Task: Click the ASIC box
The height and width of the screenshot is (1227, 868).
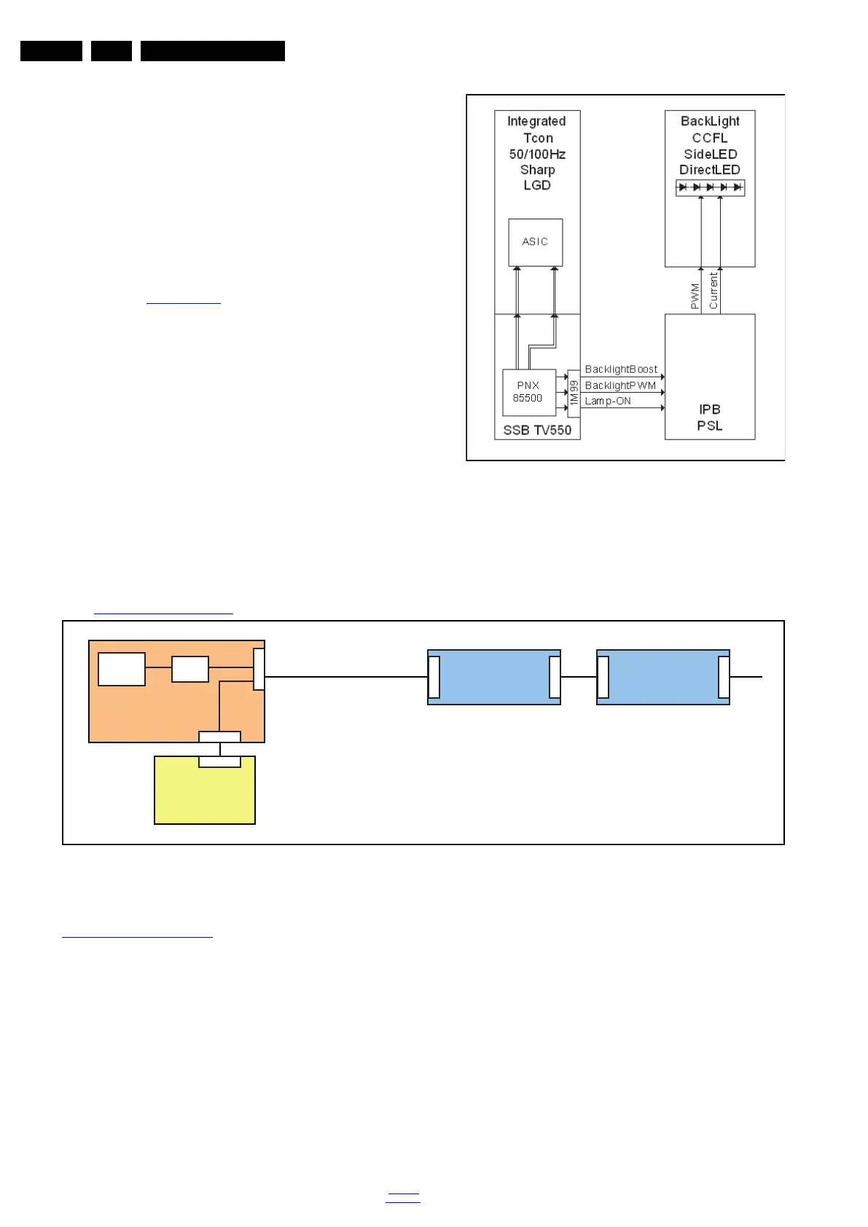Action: coord(535,242)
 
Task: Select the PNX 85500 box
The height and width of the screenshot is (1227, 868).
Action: coord(528,392)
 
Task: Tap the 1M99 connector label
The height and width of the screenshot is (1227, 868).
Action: coord(574,393)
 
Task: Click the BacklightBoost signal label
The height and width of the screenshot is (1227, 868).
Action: coord(621,369)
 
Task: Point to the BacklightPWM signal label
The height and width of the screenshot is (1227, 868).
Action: coord(620,385)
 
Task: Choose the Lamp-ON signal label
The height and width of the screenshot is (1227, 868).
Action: coord(608,401)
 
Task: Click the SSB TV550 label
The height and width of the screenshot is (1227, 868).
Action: coord(537,430)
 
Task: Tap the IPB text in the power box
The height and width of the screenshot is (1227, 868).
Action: coord(709,409)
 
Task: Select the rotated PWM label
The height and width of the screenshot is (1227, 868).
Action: coord(695,296)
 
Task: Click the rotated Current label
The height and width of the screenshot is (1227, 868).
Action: coord(713,290)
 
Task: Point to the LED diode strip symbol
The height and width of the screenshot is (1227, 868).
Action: coord(710,187)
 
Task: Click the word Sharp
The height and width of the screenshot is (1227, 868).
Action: coord(537,170)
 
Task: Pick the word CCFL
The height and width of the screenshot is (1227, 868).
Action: coord(709,138)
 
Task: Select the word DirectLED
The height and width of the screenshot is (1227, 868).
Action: coord(709,170)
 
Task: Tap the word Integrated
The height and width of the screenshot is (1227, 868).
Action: coord(536,121)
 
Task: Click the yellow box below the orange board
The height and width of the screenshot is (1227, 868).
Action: coord(205,794)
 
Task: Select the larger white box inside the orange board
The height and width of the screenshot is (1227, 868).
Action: coord(122,669)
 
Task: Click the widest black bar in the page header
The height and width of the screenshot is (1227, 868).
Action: coord(213,51)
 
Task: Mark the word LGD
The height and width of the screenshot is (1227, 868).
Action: coord(537,185)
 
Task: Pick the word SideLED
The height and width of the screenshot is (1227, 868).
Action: coord(710,154)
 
